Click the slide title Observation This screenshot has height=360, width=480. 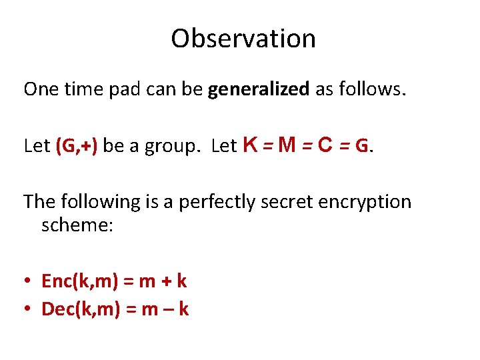coord(243,39)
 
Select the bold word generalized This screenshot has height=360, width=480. coord(259,89)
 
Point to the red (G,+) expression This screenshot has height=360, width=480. coord(77,146)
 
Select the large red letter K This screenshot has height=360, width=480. coord(251,145)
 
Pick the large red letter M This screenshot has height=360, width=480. coord(287,145)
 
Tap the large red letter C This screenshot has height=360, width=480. coord(326,145)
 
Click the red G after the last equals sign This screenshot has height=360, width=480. coord(362,146)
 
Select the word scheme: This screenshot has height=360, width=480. coord(77,225)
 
